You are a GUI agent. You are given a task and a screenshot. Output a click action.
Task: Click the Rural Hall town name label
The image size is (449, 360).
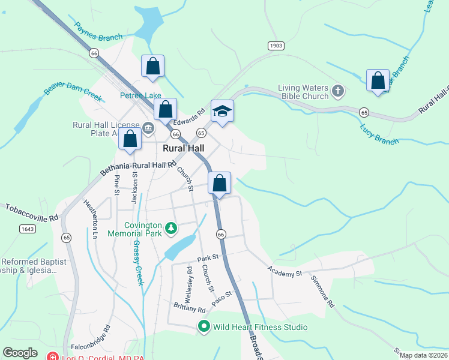[x=184, y=148]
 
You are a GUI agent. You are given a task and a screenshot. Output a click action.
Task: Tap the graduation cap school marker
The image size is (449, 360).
[x=222, y=112]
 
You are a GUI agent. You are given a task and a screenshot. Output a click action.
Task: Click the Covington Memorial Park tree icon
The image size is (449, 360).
[x=172, y=228]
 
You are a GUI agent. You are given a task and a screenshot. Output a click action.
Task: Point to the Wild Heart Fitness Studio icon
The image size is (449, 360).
[x=204, y=327]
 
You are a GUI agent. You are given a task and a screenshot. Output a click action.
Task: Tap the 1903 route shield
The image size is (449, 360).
[x=276, y=46]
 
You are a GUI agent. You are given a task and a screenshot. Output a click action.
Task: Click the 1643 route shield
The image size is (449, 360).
[x=27, y=229]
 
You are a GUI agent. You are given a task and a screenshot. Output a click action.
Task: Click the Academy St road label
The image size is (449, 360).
[x=285, y=273]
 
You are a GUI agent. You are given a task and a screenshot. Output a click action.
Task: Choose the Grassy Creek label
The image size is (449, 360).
[x=138, y=263]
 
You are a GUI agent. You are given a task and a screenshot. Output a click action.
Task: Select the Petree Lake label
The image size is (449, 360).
[x=141, y=95]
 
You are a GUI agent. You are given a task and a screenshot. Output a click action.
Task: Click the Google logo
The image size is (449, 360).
[x=20, y=353]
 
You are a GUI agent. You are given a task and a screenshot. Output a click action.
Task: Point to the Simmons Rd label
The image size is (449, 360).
[x=322, y=292]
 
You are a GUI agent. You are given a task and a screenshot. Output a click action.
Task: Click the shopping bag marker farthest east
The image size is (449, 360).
[x=378, y=81]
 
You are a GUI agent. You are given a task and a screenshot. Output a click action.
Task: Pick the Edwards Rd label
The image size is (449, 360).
[x=190, y=116]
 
